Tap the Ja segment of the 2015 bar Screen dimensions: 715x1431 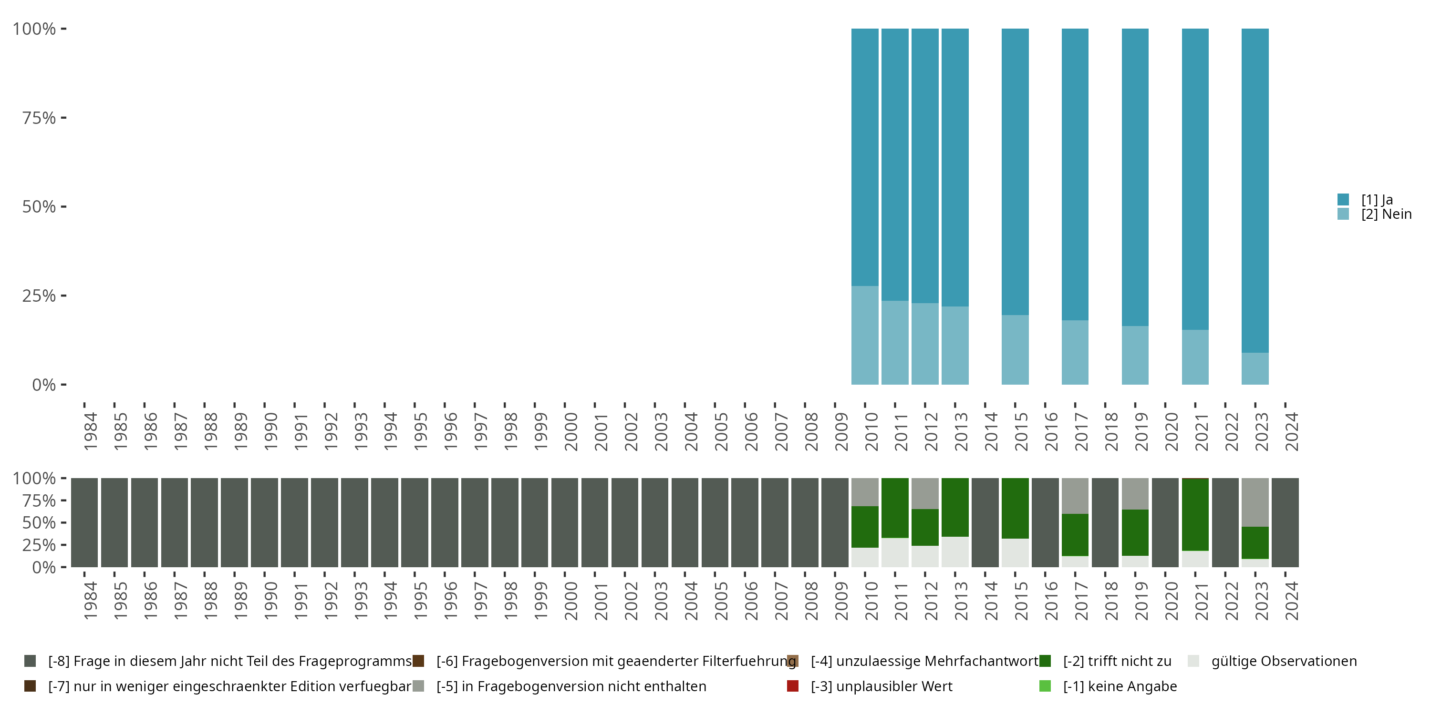click(1015, 172)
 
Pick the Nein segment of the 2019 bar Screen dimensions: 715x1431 click(1135, 355)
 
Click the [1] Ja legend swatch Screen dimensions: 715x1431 click(1343, 199)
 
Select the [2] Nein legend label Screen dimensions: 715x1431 click(1386, 214)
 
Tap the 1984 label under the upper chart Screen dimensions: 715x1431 click(90, 431)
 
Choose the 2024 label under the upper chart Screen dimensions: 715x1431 click(1292, 431)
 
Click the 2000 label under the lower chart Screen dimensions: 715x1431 click(570, 601)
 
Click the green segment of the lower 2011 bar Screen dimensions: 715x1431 click(895, 508)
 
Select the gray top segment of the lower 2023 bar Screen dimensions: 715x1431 click(1255, 502)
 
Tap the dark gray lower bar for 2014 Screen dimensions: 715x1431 click(985, 522)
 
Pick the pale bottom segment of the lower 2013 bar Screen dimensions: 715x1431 click(955, 552)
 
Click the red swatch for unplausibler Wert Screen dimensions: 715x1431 click(793, 686)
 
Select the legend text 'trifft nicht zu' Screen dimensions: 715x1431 click(1117, 661)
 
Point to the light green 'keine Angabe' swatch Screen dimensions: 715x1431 click(1045, 686)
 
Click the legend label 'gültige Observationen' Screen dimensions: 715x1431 click(1284, 661)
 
